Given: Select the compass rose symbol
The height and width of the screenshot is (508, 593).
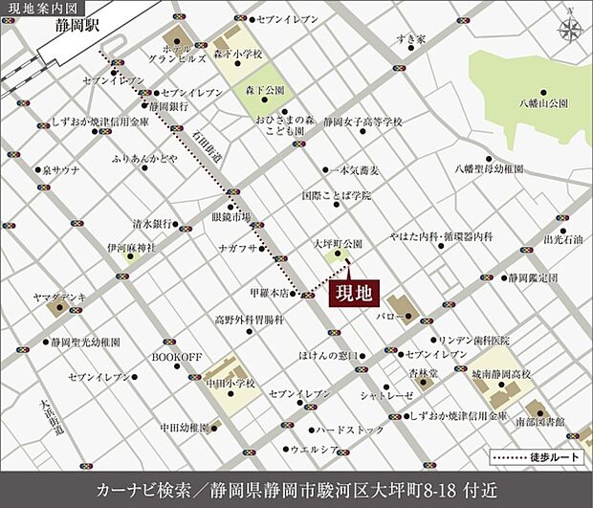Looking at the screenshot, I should tap(570, 27).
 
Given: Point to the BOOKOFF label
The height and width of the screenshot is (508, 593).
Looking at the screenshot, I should tap(177, 357).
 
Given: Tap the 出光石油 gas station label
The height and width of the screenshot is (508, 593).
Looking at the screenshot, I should tap(562, 240).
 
